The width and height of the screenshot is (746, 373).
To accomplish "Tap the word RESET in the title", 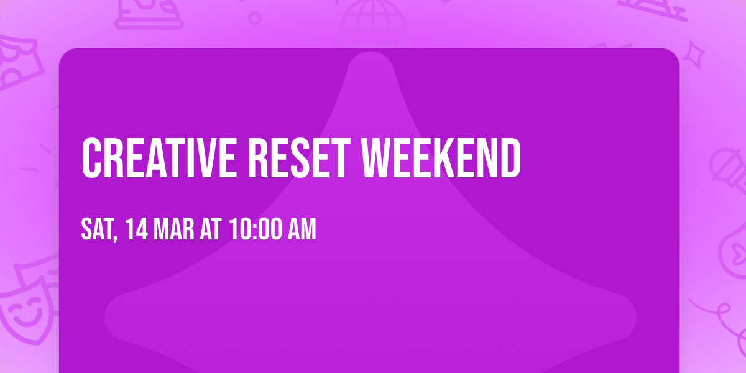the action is point(299,158).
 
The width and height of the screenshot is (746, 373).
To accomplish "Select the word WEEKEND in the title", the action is point(441,158).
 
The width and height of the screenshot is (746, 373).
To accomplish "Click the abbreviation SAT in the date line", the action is point(97,229).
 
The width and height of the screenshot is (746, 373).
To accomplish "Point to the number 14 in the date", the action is point(137,229).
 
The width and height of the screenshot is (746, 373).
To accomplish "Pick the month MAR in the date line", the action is point(173,229).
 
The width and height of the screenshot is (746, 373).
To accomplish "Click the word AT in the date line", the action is point(211,229).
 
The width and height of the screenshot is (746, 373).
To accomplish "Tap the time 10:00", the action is point(256,229).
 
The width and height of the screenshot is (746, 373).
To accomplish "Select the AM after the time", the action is point(302,229).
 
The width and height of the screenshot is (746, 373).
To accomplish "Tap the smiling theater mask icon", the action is point(25,313).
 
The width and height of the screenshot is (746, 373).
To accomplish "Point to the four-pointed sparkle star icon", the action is point(694,55).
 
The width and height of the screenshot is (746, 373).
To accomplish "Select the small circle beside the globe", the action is point(255,18).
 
